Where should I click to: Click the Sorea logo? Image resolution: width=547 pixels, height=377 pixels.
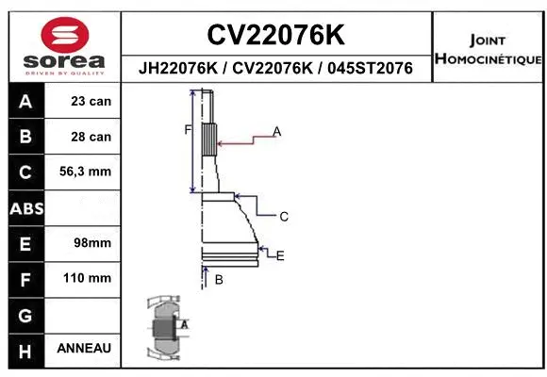coord(63,44)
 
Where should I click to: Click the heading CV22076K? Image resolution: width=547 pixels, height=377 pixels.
coord(275,35)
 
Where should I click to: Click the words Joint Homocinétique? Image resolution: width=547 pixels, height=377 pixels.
coord(488,50)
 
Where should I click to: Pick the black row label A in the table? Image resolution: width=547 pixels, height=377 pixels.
coord(25,101)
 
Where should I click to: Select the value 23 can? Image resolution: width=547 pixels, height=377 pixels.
coord(91,101)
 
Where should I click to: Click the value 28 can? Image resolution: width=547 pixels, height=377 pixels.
coord(91,137)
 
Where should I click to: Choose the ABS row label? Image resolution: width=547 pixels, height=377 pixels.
coord(25,207)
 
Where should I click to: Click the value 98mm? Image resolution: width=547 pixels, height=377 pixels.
coord(92,243)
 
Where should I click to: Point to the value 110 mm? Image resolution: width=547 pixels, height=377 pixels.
coord(87,278)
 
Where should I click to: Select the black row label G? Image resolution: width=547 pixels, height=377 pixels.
coord(25,314)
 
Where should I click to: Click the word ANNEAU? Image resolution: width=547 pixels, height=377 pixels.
coord(84,349)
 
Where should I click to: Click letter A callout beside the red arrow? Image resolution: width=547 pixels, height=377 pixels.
coord(277,131)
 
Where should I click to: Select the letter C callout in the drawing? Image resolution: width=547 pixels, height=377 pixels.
coord(283,217)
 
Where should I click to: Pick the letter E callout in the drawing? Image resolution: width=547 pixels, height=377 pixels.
coord(280,255)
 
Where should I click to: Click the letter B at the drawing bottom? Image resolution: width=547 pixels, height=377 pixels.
coord(219,280)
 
